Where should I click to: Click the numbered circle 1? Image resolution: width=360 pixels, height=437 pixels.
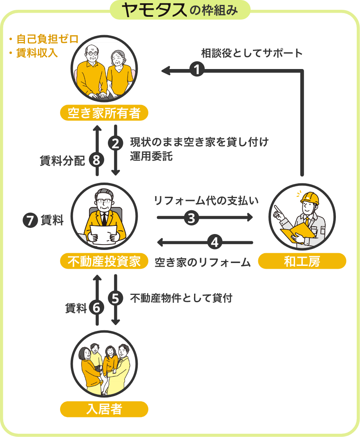click(197, 70)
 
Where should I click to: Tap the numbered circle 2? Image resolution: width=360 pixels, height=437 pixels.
click(116, 143)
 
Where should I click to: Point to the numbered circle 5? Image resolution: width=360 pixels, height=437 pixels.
click(116, 299)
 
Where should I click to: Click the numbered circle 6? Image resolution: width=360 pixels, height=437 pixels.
click(96, 308)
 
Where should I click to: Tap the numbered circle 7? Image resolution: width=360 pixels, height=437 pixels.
click(30, 221)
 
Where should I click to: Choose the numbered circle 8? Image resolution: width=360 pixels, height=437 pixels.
click(96, 161)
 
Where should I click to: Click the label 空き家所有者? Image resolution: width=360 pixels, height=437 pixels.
click(104, 113)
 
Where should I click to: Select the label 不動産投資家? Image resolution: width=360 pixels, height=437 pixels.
click(104, 261)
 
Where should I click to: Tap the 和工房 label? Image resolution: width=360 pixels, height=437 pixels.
click(302, 261)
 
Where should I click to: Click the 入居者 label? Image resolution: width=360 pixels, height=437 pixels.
click(104, 409)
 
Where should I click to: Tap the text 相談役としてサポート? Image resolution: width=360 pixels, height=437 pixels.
click(252, 53)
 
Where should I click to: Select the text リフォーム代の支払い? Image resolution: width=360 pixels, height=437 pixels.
click(206, 201)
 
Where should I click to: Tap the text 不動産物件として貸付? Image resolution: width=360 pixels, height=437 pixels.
click(181, 298)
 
